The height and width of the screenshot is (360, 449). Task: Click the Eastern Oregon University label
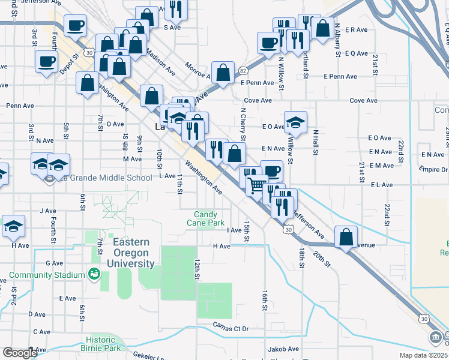(130, 252)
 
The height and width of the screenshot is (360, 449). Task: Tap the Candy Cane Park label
(209, 218)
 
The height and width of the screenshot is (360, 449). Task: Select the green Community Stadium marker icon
(94, 274)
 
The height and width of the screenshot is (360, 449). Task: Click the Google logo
(20, 353)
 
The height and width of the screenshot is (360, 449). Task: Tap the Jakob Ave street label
(284, 349)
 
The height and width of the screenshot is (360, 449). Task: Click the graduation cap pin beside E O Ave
(295, 122)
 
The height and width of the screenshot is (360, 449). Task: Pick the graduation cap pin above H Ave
(13, 226)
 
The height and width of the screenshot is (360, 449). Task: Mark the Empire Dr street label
(435, 170)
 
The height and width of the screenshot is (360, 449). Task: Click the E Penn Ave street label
(340, 77)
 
